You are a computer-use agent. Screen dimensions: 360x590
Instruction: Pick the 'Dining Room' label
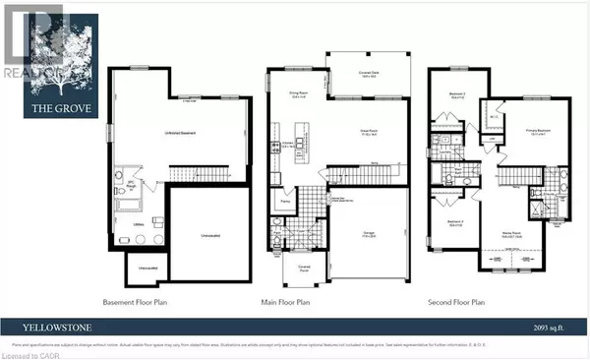(x=299, y=94)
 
